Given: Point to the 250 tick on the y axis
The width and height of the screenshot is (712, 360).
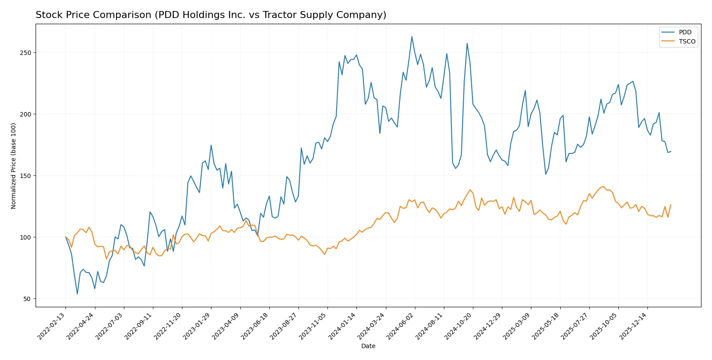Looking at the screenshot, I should [25, 53].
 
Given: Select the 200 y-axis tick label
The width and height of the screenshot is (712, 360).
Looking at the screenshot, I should [25, 114].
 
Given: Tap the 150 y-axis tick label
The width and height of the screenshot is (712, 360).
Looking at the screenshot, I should [25, 176].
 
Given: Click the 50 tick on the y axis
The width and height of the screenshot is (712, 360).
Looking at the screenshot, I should [27, 299].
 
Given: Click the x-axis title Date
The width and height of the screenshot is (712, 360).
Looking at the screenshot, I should [368, 346].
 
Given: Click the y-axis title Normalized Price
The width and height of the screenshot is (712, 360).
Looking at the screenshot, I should [14, 166].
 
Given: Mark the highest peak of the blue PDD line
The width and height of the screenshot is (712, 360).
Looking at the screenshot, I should [412, 36].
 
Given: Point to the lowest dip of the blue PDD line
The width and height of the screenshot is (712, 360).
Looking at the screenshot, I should [77, 294].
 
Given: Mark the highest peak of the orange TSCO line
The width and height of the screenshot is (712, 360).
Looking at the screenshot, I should [603, 187].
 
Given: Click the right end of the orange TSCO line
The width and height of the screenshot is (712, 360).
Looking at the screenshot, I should [671, 205].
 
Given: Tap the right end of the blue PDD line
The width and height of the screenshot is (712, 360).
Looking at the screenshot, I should [671, 152].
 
